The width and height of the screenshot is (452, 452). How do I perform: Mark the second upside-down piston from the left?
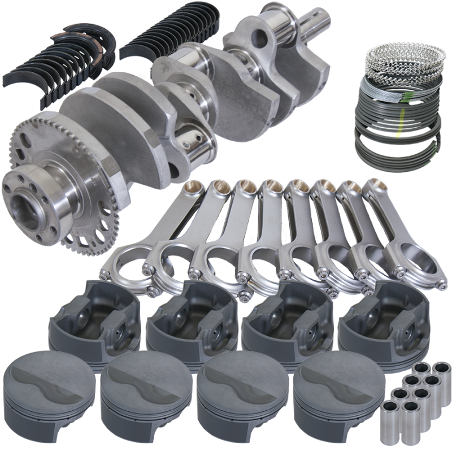click(x=189, y=322)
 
